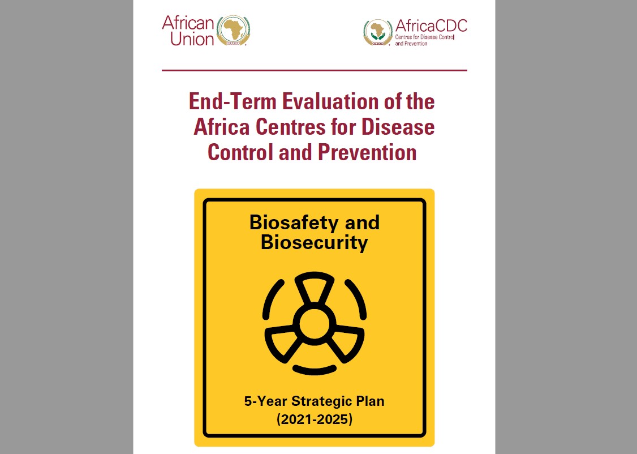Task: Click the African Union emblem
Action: tap(233, 30)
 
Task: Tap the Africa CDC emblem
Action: tap(378, 32)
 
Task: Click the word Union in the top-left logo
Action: tap(192, 39)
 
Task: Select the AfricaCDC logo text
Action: tap(431, 25)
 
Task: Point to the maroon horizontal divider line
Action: tap(315, 70)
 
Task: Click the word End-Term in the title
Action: tap(233, 101)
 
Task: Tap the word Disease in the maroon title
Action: tap(398, 127)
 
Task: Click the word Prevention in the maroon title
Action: tap(367, 152)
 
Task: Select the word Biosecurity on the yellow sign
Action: tap(314, 243)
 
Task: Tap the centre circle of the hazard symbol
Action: tap(314, 324)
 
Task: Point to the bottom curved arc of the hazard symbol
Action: tap(315, 370)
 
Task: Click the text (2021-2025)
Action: tap(315, 419)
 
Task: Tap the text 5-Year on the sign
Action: tap(265, 401)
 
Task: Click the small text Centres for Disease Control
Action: tap(424, 37)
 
